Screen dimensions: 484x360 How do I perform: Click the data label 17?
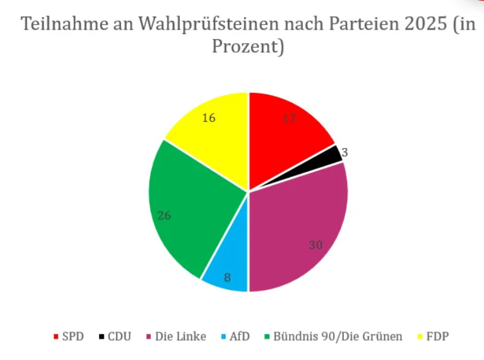pos(289,118)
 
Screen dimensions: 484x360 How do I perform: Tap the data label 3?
pos(344,152)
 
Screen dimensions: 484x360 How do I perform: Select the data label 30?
pos(315,245)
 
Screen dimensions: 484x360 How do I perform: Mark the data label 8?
pos(227,278)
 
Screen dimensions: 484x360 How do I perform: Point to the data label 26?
pos(165,216)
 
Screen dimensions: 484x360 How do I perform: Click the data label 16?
pos(208,118)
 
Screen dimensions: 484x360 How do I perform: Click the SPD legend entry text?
pos(73,336)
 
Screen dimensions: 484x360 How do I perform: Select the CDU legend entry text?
pos(119,336)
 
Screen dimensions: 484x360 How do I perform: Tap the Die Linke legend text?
pos(181,336)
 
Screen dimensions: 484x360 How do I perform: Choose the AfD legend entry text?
pos(239,336)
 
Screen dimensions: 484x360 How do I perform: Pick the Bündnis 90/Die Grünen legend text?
pos(338,336)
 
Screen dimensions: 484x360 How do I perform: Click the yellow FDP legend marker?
pos(420,337)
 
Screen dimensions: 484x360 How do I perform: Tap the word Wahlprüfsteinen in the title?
pos(208,24)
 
